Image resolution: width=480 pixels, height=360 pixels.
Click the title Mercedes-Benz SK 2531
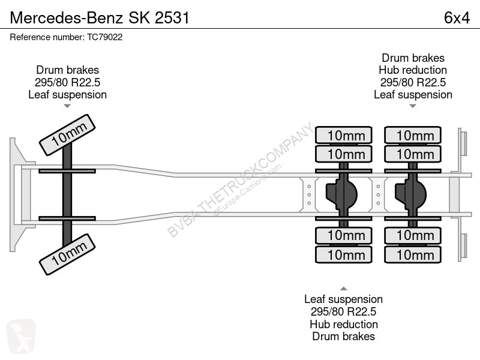click(x=100, y=18)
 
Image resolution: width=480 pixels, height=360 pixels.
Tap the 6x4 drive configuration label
click(x=457, y=18)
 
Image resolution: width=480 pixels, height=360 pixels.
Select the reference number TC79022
click(x=104, y=37)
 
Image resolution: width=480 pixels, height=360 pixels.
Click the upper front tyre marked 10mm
click(x=67, y=135)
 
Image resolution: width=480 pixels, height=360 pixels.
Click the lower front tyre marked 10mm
click(x=67, y=254)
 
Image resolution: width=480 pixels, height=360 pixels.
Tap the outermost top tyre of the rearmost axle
click(x=413, y=135)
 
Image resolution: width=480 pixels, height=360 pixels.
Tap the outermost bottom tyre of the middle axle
click(x=344, y=254)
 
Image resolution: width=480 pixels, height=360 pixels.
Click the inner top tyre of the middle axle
click(x=344, y=154)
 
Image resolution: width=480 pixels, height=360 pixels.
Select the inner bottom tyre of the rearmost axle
click(x=413, y=235)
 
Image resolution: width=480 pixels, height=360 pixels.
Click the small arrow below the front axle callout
click(x=67, y=106)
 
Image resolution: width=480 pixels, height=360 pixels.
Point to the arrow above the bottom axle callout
click(x=343, y=289)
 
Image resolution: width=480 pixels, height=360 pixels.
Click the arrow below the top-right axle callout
click(x=413, y=106)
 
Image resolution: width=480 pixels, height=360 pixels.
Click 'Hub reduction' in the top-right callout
click(x=413, y=70)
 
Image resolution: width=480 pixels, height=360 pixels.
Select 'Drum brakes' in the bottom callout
click(x=343, y=337)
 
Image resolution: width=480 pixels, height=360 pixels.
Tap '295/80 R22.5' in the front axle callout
click(x=67, y=82)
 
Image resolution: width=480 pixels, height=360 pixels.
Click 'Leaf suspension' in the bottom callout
click(x=343, y=299)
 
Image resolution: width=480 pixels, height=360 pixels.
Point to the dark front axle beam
click(x=67, y=194)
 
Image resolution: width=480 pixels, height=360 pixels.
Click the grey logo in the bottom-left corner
click(x=21, y=337)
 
